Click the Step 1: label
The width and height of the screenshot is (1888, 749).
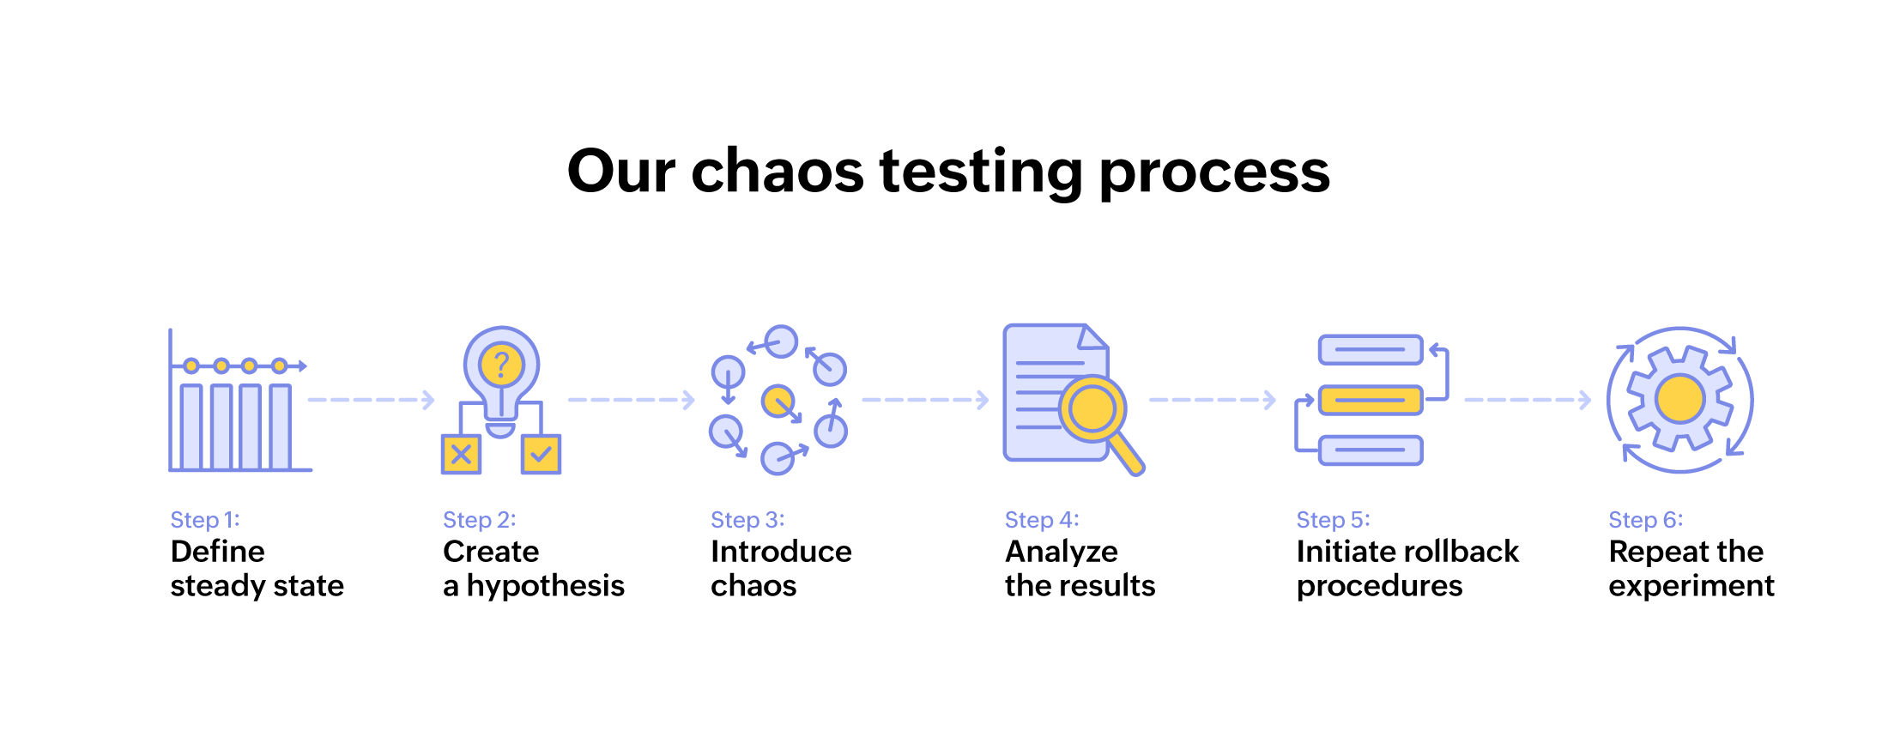pyautogui.click(x=205, y=520)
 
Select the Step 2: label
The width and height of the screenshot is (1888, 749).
pyautogui.click(x=479, y=520)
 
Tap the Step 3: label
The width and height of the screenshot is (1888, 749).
pyautogui.click(x=747, y=520)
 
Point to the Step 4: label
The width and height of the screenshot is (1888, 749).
pyautogui.click(x=1042, y=520)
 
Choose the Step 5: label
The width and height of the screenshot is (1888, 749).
pyautogui.click(x=1333, y=520)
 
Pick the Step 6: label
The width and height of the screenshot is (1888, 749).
pyautogui.click(x=1645, y=520)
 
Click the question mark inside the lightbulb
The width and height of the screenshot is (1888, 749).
pyautogui.click(x=502, y=365)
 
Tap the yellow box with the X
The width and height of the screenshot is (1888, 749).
pyautogui.click(x=461, y=455)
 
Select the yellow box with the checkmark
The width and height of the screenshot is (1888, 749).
pyautogui.click(x=541, y=455)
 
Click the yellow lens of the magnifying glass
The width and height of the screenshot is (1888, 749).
pyautogui.click(x=1092, y=409)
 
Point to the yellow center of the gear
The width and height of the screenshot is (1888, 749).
pyautogui.click(x=1679, y=399)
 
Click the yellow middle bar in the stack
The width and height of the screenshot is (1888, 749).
pyautogui.click(x=1370, y=400)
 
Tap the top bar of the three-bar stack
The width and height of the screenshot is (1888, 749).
pyautogui.click(x=1370, y=350)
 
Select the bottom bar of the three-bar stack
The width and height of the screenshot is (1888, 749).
pyautogui.click(x=1370, y=450)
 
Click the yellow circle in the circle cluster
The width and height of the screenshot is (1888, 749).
pyautogui.click(x=778, y=401)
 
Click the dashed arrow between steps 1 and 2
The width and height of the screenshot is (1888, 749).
pyautogui.click(x=371, y=400)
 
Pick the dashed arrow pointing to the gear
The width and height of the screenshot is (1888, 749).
pyautogui.click(x=1527, y=400)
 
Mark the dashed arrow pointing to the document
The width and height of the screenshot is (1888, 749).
pyautogui.click(x=924, y=400)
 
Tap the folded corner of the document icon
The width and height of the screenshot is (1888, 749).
pyautogui.click(x=1093, y=337)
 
